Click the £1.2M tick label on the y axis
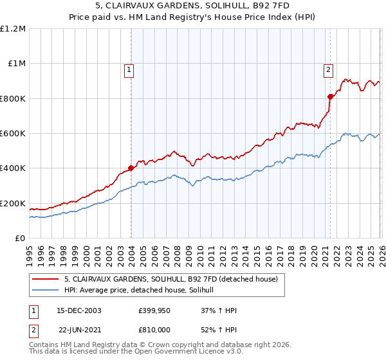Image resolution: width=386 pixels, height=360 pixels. coord(14,28)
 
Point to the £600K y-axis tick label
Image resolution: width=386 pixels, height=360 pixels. coord(13,133)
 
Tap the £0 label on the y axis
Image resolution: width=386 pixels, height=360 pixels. coord(20,238)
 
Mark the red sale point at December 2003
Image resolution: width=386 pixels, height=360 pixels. coord(131,168)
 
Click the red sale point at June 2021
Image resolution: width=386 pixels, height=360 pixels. coord(330,96)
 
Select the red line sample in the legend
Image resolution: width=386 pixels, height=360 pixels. coord(46,280)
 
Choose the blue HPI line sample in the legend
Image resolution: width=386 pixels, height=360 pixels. coord(46,291)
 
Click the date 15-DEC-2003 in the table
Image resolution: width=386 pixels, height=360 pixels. coord(79,310)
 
